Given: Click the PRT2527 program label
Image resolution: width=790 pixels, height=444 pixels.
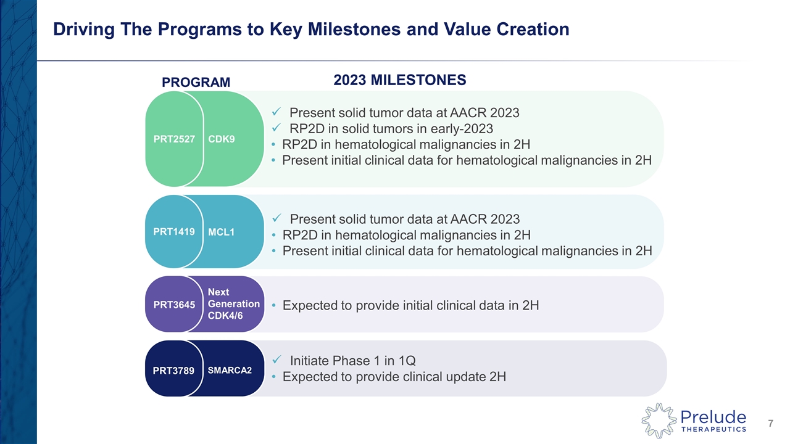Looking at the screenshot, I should pyautogui.click(x=174, y=139).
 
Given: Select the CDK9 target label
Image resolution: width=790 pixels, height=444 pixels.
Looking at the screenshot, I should pyautogui.click(x=222, y=139).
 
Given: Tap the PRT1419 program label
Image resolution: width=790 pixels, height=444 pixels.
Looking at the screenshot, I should pyautogui.click(x=174, y=232).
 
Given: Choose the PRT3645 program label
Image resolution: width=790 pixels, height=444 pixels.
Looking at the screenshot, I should pyautogui.click(x=174, y=305).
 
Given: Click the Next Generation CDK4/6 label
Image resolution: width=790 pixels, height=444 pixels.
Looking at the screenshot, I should pyautogui.click(x=233, y=304).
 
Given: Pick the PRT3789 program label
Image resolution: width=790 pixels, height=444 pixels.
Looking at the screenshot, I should pyautogui.click(x=174, y=370).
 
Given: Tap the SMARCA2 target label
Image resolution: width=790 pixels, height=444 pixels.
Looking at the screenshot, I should pyautogui.click(x=230, y=370).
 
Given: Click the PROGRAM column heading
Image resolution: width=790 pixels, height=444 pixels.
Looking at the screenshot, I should pyautogui.click(x=196, y=83).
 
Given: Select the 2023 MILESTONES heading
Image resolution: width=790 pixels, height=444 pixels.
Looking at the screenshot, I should pyautogui.click(x=399, y=80).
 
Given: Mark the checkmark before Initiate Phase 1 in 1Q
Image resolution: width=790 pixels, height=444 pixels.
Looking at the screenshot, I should pyautogui.click(x=277, y=360).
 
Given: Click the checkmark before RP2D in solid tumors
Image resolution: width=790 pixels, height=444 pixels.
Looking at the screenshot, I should pyautogui.click(x=277, y=128).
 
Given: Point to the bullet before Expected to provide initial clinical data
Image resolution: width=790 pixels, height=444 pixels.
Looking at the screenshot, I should pyautogui.click(x=274, y=305).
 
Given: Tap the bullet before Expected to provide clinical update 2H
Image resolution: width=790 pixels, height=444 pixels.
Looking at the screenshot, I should pyautogui.click(x=274, y=377).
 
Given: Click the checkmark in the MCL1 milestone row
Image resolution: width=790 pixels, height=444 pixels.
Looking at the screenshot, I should pyautogui.click(x=277, y=218).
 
